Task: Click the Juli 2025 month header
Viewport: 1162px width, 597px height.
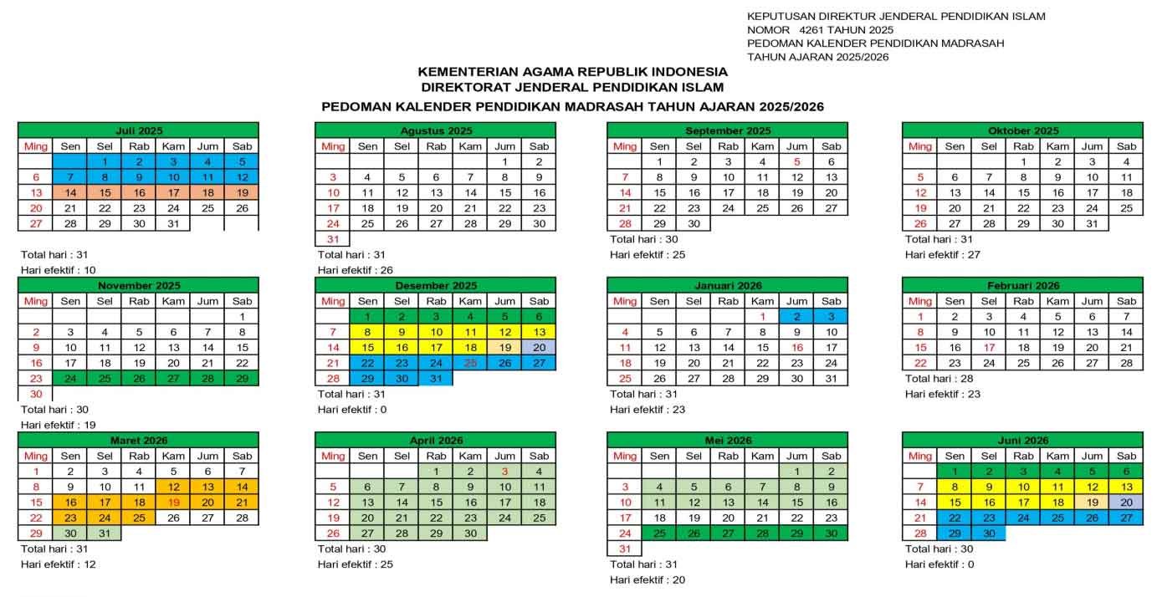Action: pyautogui.click(x=138, y=130)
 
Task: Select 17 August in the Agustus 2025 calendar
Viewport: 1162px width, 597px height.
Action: pyautogui.click(x=332, y=208)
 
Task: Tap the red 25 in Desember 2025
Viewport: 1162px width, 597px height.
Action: pyautogui.click(x=470, y=362)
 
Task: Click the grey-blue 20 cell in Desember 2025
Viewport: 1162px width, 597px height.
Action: pyautogui.click(x=539, y=347)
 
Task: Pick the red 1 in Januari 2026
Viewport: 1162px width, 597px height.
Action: pyautogui.click(x=763, y=316)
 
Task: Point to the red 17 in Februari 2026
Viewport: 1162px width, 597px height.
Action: pyautogui.click(x=989, y=347)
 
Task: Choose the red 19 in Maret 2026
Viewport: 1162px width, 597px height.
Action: pyautogui.click(x=173, y=503)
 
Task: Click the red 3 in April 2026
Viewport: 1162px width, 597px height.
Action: pyautogui.click(x=504, y=472)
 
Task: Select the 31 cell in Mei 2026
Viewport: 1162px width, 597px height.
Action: pyautogui.click(x=624, y=549)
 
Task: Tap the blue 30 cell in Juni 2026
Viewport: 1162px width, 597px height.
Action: pyautogui.click(x=989, y=533)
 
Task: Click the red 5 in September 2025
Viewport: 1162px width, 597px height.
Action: pyautogui.click(x=797, y=161)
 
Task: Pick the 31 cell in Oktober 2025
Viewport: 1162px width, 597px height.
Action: pyautogui.click(x=1092, y=223)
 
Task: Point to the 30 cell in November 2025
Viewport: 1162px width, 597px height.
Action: pyautogui.click(x=35, y=394)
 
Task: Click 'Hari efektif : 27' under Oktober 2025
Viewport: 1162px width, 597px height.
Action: pyautogui.click(x=944, y=254)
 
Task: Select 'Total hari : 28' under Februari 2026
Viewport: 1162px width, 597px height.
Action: pyautogui.click(x=938, y=379)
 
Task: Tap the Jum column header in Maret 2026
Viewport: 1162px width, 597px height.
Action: pyautogui.click(x=207, y=456)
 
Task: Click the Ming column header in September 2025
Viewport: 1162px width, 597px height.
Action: pyautogui.click(x=624, y=145)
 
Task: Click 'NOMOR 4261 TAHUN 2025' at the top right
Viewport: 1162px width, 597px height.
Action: pyautogui.click(x=808, y=30)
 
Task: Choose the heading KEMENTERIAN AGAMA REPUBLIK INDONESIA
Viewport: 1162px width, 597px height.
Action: pyautogui.click(x=572, y=72)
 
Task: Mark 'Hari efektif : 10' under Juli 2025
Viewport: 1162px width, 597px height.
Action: pyautogui.click(x=59, y=269)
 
